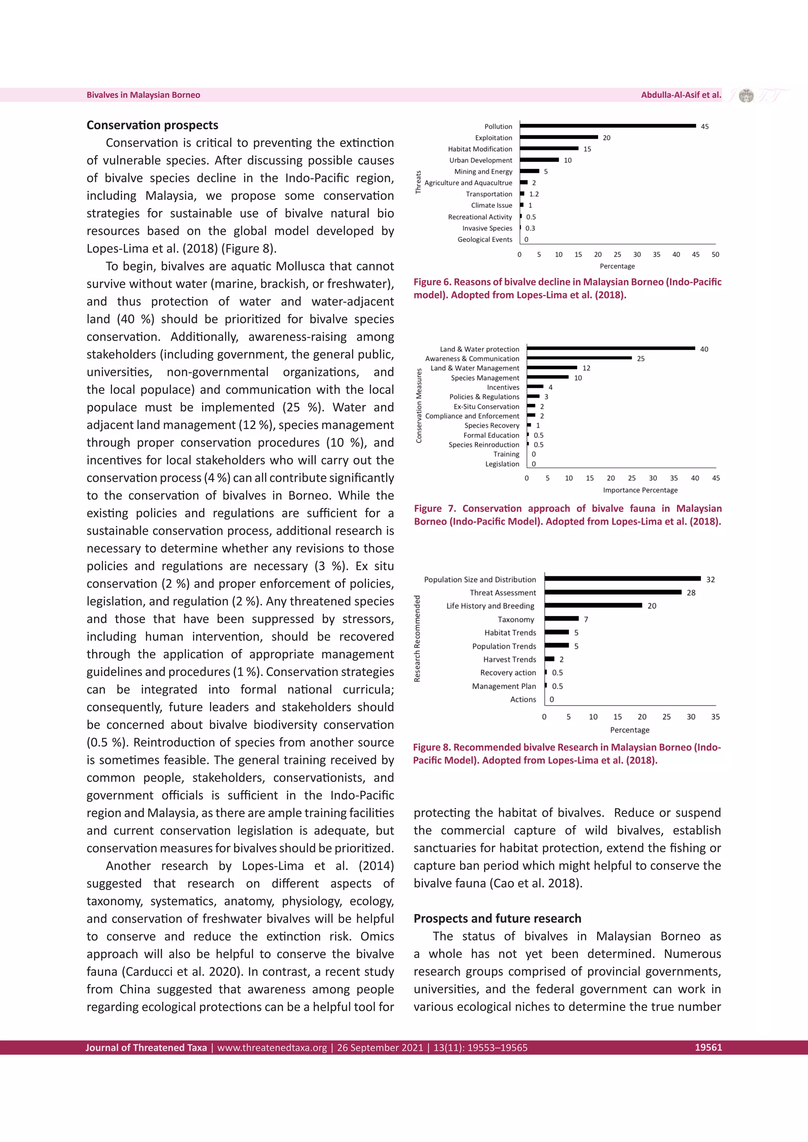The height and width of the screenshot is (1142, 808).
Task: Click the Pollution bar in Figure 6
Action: click(x=607, y=126)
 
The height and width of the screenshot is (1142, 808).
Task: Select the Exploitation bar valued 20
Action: click(x=558, y=137)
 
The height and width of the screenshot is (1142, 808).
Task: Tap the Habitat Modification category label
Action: click(x=480, y=149)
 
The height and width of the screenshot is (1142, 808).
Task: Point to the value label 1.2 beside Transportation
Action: click(x=534, y=194)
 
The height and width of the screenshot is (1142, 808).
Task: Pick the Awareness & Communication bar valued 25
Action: click(x=579, y=358)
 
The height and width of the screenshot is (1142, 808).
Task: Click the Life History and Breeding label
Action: click(x=490, y=606)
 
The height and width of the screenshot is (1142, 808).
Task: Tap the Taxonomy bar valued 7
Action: click(x=561, y=618)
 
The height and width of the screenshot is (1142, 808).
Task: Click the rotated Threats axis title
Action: click(x=419, y=182)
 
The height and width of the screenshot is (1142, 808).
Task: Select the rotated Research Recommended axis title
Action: click(x=417, y=639)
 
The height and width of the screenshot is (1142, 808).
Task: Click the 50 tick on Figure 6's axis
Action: click(x=715, y=254)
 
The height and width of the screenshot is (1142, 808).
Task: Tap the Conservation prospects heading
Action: click(x=152, y=125)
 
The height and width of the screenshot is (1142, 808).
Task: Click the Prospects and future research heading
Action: click(x=497, y=918)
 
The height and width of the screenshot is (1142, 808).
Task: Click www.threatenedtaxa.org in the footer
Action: click(x=272, y=1047)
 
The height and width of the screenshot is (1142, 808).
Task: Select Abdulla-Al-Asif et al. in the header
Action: click(x=681, y=95)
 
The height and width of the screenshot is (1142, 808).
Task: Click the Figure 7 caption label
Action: click(x=435, y=508)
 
